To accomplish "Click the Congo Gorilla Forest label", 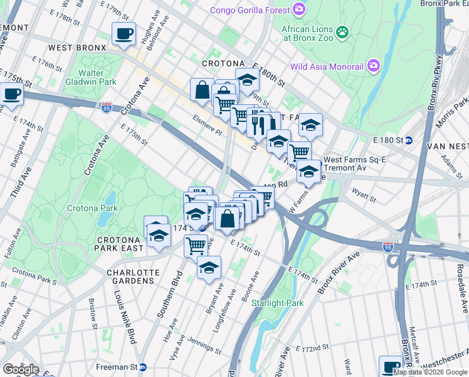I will point(250,10).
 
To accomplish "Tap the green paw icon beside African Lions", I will point(342,31).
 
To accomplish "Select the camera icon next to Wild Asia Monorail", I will point(374,65).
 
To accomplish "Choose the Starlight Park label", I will point(277,303).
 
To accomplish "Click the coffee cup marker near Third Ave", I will point(11,94).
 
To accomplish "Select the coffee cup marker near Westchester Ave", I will point(391,365).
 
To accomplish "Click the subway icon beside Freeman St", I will point(143,367).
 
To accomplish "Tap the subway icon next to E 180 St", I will point(408,139).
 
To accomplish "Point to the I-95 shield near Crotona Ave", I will point(107,107).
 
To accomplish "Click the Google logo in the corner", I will point(20,369).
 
